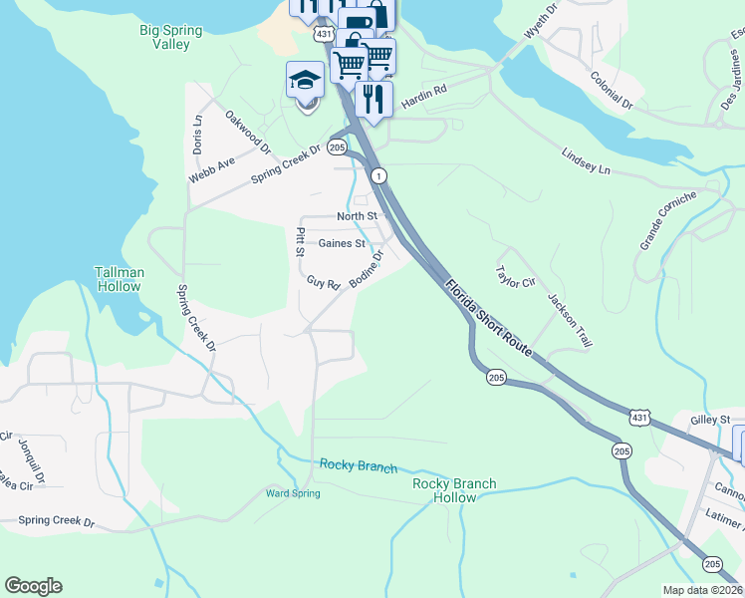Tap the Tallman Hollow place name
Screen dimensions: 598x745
point(120,279)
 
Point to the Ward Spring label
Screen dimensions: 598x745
point(291,492)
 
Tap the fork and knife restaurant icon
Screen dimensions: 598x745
point(373,100)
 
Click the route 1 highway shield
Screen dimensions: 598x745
point(379,175)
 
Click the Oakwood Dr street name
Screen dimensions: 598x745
point(248,133)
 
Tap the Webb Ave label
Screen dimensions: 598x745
point(212,169)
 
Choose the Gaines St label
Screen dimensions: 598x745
point(342,243)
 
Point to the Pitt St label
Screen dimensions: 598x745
point(300,241)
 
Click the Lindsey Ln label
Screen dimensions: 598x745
point(586,161)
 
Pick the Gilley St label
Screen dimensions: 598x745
point(710,420)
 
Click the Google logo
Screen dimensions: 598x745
point(33,586)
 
